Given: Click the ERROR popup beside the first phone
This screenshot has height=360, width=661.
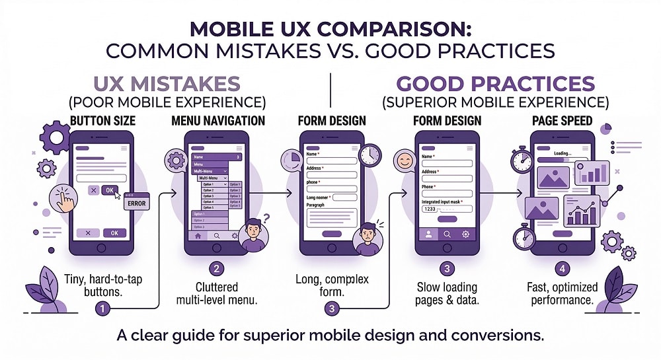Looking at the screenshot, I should [x=136, y=203].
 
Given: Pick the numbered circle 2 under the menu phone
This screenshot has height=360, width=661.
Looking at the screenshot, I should [x=215, y=269].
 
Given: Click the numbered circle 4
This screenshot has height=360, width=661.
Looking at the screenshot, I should [x=562, y=269].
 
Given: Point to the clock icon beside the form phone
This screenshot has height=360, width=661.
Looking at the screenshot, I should [x=371, y=155].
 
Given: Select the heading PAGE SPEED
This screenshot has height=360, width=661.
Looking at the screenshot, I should [x=563, y=121].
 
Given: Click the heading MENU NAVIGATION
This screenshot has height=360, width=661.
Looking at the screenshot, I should [x=217, y=121].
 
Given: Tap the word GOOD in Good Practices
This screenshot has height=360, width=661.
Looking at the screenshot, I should [x=436, y=85].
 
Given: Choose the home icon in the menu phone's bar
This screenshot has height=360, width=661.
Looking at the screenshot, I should [x=197, y=235].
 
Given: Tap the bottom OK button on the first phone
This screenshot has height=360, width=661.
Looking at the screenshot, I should [x=114, y=233].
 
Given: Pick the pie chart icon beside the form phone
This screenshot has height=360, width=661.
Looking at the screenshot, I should [x=291, y=162].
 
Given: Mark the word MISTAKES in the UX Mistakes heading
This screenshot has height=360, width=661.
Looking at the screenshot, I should [x=198, y=85].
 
